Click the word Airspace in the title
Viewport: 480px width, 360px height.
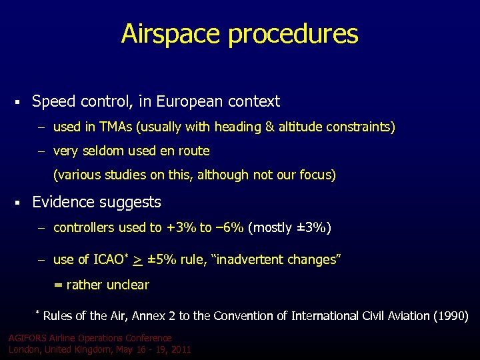(171, 34)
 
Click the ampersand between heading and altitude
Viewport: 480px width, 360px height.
(274, 127)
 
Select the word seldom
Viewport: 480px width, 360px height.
(103, 151)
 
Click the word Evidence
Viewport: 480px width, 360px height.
(62, 202)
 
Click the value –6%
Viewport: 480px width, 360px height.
(229, 228)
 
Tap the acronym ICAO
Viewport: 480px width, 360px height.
(110, 259)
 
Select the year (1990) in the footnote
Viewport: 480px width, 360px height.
(449, 315)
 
